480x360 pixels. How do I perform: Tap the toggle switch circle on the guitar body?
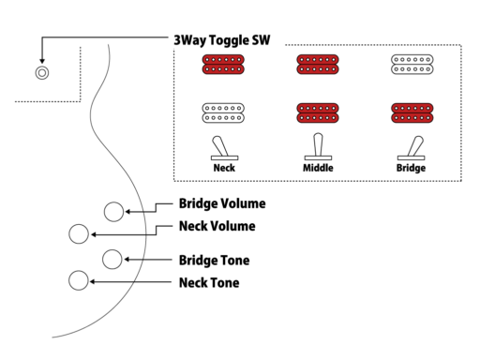[x=41, y=72]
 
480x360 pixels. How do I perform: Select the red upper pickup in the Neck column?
[x=224, y=65]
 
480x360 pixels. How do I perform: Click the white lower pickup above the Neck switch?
[x=224, y=113]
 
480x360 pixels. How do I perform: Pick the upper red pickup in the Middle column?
[x=318, y=65]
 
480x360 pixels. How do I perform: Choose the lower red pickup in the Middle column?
[x=318, y=113]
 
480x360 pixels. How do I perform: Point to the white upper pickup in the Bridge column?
[x=412, y=65]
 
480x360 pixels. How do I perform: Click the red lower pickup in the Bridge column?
[x=412, y=113]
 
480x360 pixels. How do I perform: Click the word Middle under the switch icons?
[x=318, y=169]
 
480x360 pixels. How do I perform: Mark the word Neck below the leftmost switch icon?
[x=224, y=169]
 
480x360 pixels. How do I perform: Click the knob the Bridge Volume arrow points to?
[x=113, y=211]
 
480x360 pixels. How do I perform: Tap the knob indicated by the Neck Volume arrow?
[x=79, y=233]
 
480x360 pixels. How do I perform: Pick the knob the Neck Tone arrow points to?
[x=79, y=280]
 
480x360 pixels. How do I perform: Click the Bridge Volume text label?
[x=221, y=203]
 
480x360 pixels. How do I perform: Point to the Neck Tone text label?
[x=208, y=282]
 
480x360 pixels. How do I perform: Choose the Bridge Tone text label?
[x=214, y=260]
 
